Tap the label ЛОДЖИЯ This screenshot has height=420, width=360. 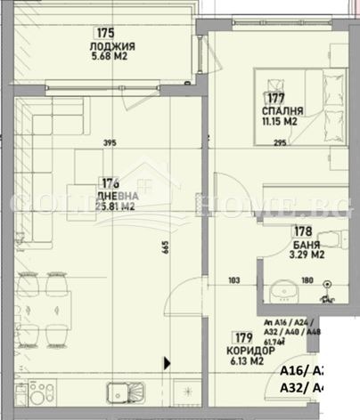(114, 48)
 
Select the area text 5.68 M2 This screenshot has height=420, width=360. (114, 61)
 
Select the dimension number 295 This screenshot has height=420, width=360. (279, 142)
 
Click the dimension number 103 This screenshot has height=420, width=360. (234, 281)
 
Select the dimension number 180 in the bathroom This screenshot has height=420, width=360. (306, 281)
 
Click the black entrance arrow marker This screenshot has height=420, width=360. (167, 362)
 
